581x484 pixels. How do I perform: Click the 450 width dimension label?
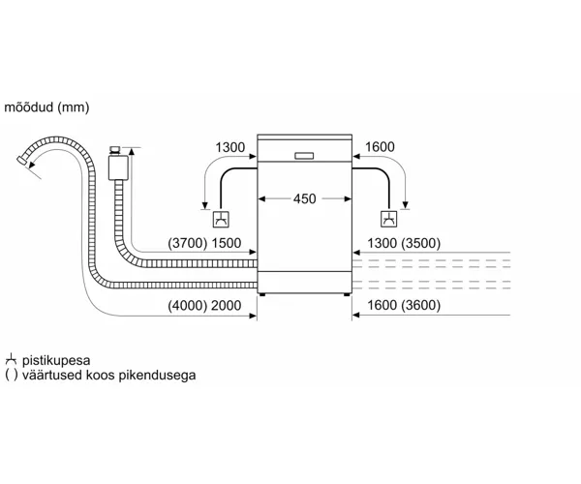305,198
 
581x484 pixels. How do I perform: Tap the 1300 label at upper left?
230,147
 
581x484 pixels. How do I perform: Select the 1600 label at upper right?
380,147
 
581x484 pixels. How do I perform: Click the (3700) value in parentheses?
188,243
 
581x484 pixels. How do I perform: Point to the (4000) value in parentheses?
188,306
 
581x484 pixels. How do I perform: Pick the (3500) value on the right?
421,243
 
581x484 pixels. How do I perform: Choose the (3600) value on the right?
421,306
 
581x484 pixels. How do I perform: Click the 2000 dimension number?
226,306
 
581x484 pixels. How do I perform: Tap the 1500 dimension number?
226,243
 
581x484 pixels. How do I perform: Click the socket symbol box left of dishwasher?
221,219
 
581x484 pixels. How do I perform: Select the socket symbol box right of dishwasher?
389,219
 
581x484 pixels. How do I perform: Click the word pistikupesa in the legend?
56,361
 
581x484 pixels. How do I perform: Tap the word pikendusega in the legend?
157,376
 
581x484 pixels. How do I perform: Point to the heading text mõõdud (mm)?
46,107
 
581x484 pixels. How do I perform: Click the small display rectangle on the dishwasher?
304,156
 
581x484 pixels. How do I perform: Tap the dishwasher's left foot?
262,294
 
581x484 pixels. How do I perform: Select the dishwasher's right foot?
347,294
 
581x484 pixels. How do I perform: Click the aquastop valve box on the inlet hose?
118,167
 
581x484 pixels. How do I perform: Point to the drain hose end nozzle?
22,161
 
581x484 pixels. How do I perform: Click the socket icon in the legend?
11,360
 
